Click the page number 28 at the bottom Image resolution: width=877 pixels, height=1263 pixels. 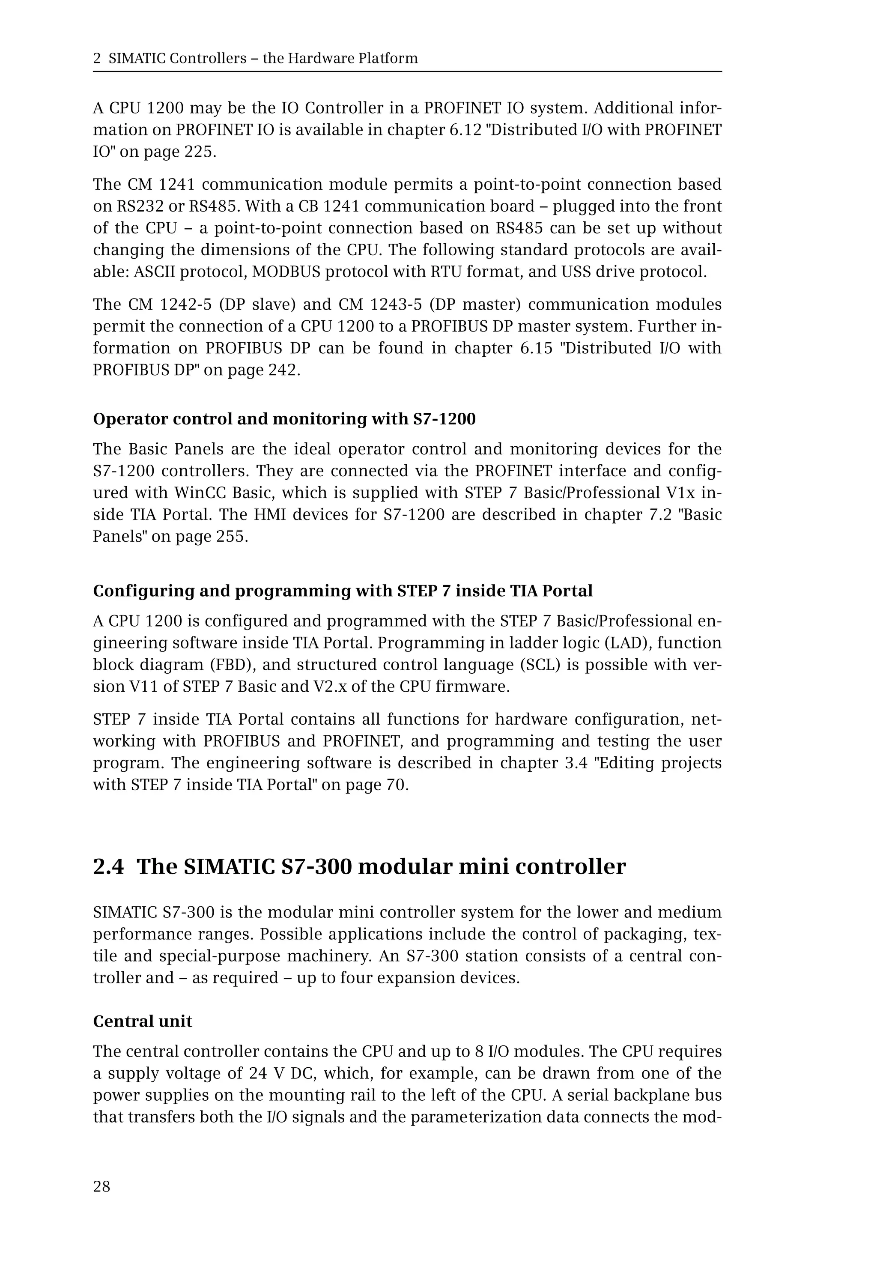pos(101,1187)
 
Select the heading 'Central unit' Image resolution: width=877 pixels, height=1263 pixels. pos(142,1021)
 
